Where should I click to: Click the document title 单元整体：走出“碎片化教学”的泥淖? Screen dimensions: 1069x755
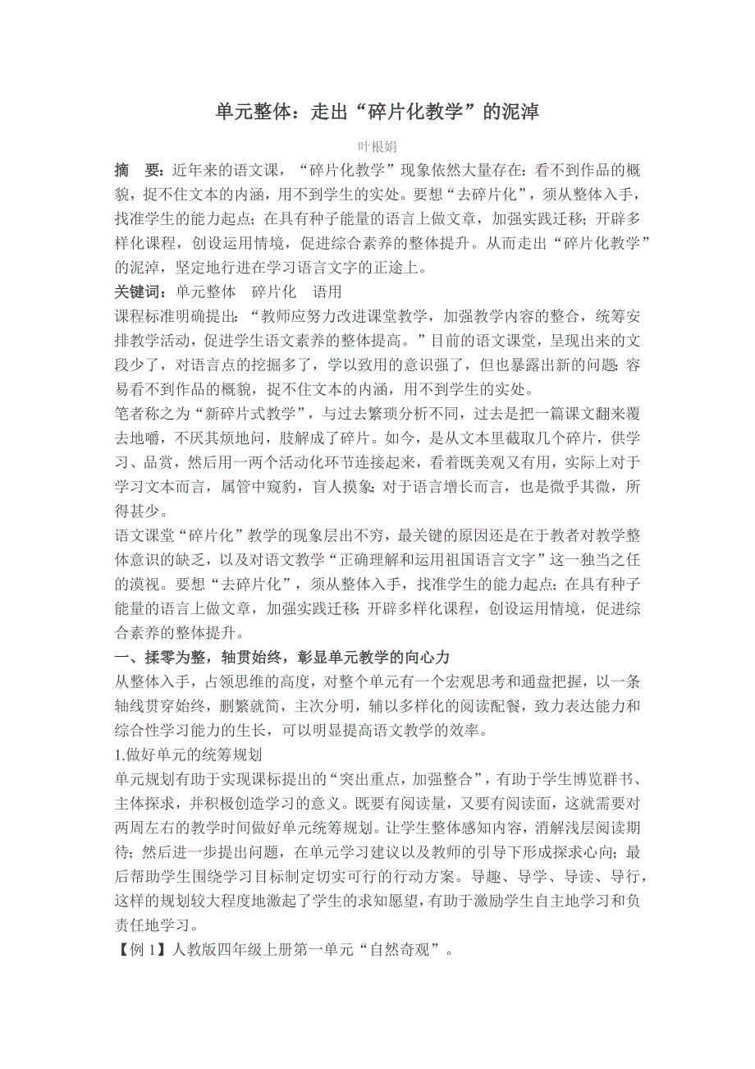coord(377,112)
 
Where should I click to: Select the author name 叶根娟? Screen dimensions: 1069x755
coord(377,147)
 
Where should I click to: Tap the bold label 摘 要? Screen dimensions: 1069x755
coord(137,171)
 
